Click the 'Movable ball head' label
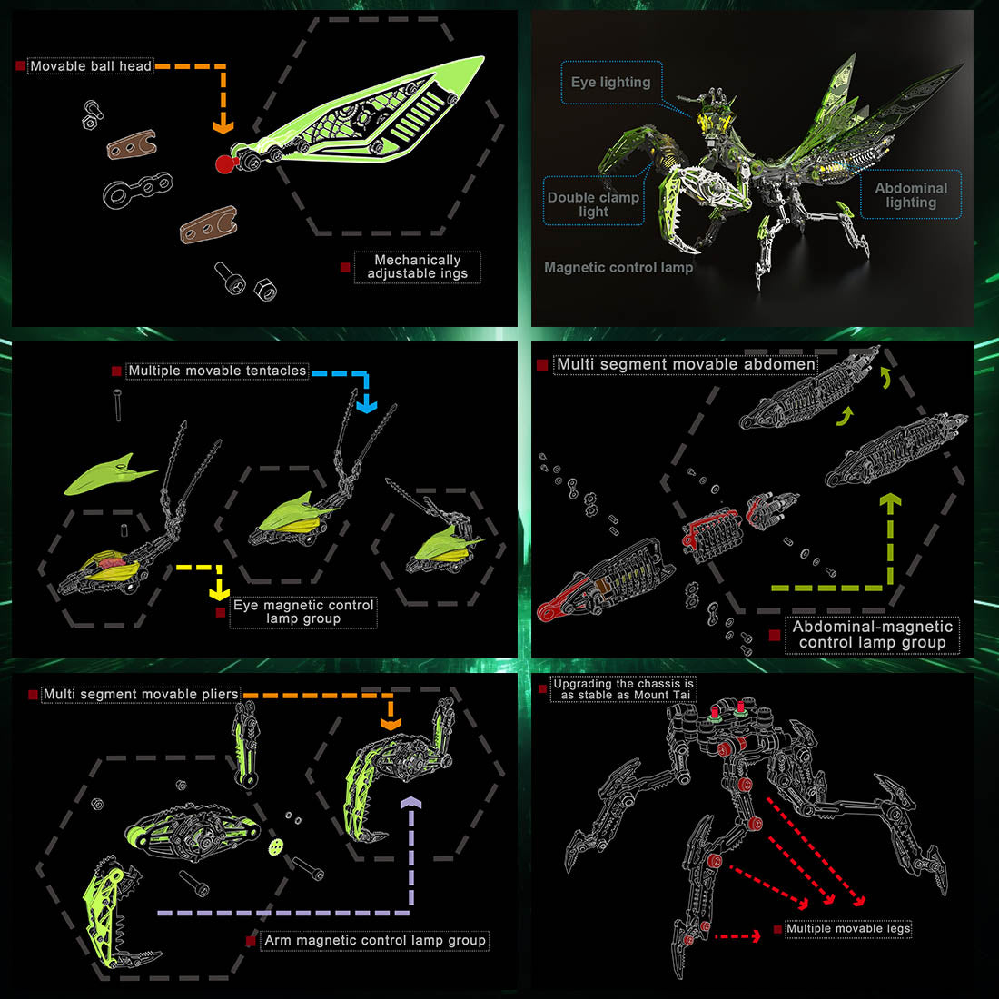[91, 66]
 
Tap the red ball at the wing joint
[224, 163]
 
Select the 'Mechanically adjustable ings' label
[417, 266]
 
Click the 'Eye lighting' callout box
[610, 83]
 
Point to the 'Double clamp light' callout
[593, 204]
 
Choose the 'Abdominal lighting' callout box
[910, 195]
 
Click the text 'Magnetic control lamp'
[618, 268]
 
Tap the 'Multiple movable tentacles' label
[217, 371]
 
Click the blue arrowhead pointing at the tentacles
[366, 404]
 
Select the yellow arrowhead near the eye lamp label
[219, 592]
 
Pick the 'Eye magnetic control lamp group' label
[303, 611]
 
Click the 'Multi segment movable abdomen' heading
[686, 364]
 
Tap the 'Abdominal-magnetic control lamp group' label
[872, 634]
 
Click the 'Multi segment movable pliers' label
[141, 694]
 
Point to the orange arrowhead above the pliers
[391, 724]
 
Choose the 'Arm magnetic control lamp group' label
[374, 940]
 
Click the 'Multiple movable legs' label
[847, 928]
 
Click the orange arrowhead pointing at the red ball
[223, 127]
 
